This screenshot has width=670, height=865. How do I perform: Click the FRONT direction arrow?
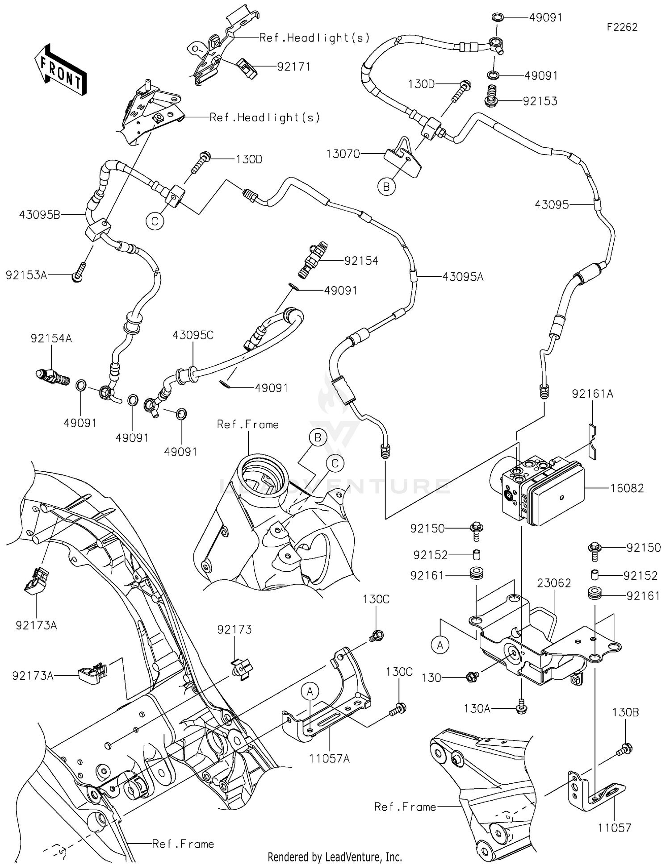(x=61, y=70)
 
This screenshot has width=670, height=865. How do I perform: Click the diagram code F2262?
(x=622, y=27)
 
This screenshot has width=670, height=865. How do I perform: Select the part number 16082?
(x=627, y=488)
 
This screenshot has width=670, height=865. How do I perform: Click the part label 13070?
(x=343, y=154)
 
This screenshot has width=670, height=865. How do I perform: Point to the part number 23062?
(x=554, y=583)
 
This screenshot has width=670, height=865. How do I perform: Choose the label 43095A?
(x=463, y=277)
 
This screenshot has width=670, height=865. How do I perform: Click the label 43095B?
(x=39, y=215)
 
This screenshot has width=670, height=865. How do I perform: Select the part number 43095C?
(x=193, y=335)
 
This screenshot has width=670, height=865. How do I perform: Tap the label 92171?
(x=293, y=67)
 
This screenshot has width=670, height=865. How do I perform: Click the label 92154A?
(x=51, y=338)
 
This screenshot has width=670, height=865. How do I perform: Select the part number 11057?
(x=615, y=828)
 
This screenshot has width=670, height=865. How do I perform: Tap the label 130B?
(x=625, y=713)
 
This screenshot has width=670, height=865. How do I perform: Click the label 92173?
(x=234, y=629)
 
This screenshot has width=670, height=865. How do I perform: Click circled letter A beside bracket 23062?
(x=440, y=645)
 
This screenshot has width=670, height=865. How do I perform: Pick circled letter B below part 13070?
(x=386, y=187)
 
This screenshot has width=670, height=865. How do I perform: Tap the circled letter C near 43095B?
(x=155, y=221)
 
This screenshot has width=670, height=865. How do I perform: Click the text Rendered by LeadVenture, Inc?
(x=335, y=857)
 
